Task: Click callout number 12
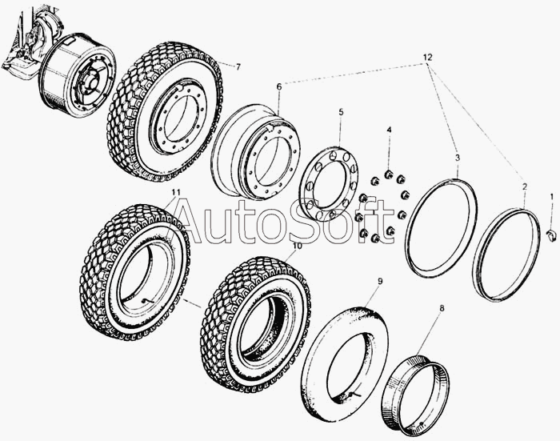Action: (x=427, y=57)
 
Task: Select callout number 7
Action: (x=238, y=66)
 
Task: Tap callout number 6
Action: (x=279, y=86)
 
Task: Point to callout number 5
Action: (x=341, y=112)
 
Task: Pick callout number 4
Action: (x=389, y=130)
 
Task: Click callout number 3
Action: (x=458, y=158)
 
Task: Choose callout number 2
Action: (x=525, y=186)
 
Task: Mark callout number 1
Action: (x=551, y=196)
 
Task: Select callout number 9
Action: (x=380, y=281)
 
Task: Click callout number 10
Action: (x=297, y=246)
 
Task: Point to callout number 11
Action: (x=175, y=192)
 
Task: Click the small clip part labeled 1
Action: (x=552, y=236)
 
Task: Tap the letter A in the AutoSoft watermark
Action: (x=190, y=221)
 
